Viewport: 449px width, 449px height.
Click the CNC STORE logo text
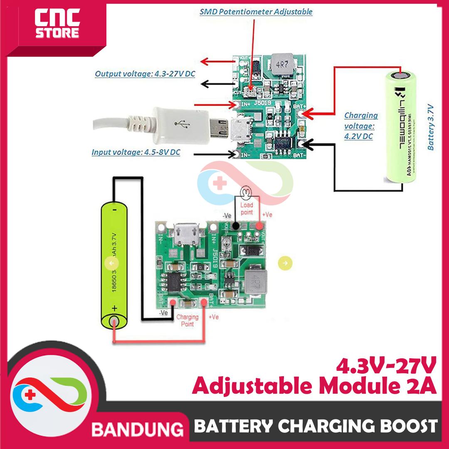click(x=57, y=26)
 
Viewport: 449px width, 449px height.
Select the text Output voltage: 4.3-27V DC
click(x=145, y=74)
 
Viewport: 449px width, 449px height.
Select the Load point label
click(x=247, y=209)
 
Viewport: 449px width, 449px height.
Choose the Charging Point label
click(x=187, y=320)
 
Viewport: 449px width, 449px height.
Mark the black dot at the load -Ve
click(x=236, y=226)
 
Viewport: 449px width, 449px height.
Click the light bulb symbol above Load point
click(x=246, y=192)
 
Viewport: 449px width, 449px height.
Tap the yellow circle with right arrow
click(x=286, y=263)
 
